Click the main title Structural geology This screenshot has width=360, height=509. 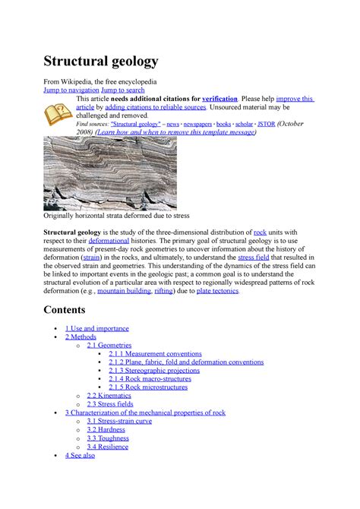[101, 61]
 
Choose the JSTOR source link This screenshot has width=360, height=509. [267, 123]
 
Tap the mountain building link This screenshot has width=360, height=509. [122, 290]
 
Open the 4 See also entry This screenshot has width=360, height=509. [80, 454]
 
